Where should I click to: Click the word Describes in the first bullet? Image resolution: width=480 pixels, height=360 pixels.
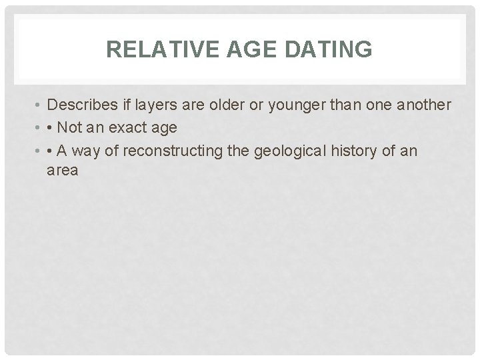click(81, 105)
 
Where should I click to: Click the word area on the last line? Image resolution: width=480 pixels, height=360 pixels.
click(63, 171)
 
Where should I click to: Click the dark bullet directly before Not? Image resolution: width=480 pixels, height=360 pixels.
click(52, 129)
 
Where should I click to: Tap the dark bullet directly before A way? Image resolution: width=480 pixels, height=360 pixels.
click(52, 151)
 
